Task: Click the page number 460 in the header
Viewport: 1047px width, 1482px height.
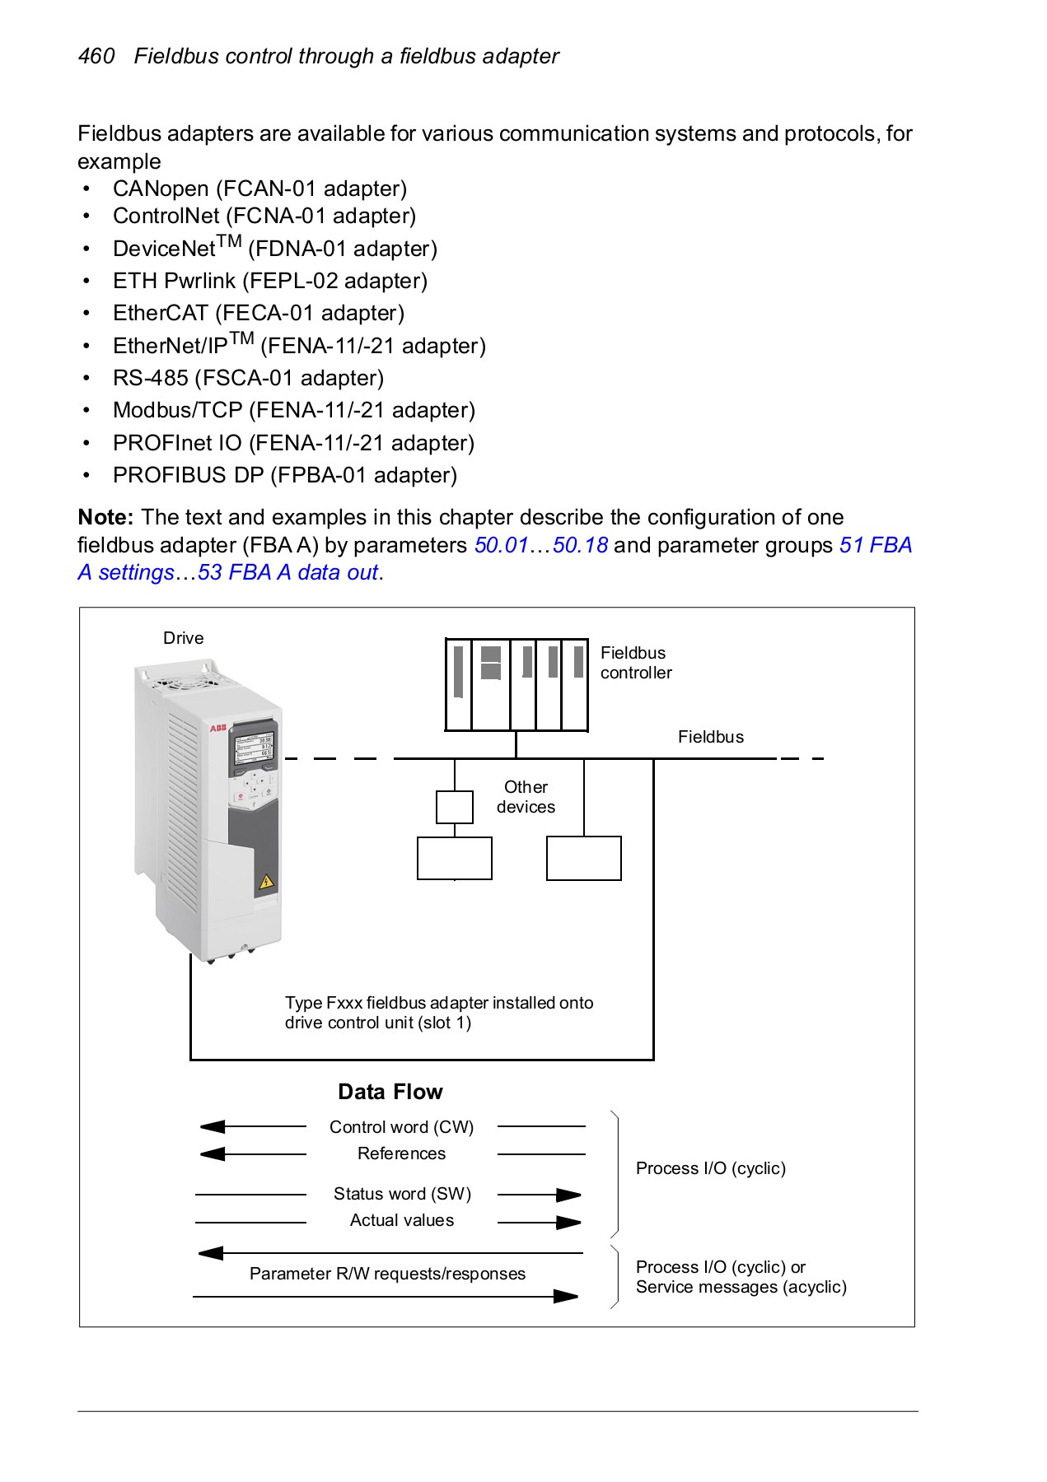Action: click(x=96, y=56)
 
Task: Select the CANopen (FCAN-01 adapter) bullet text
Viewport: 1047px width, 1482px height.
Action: click(x=259, y=189)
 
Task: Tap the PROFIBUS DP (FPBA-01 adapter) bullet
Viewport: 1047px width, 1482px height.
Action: click(x=284, y=475)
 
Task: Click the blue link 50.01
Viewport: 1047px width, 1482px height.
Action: click(x=500, y=545)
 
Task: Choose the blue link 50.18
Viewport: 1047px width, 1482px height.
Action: click(x=580, y=545)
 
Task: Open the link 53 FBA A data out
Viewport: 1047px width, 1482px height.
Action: click(x=287, y=572)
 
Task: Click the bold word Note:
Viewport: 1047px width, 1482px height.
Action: click(x=105, y=517)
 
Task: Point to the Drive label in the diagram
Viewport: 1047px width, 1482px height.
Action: click(x=183, y=638)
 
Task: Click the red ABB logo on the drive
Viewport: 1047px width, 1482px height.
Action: click(x=217, y=729)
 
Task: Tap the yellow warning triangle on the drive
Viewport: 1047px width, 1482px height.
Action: click(x=265, y=883)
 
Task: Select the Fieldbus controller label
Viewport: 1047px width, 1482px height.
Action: click(x=635, y=663)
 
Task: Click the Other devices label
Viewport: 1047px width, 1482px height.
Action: click(x=526, y=797)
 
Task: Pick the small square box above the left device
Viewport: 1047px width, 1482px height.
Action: click(x=454, y=807)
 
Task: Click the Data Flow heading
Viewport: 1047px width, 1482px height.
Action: click(x=390, y=1092)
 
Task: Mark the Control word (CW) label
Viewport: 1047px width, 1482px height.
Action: click(x=401, y=1127)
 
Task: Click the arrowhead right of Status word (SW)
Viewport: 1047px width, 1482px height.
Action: click(x=568, y=1195)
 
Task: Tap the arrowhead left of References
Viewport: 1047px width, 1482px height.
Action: click(x=213, y=1154)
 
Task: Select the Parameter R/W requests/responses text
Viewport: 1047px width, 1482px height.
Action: click(x=387, y=1274)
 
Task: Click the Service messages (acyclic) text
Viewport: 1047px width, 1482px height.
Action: click(x=741, y=1287)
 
